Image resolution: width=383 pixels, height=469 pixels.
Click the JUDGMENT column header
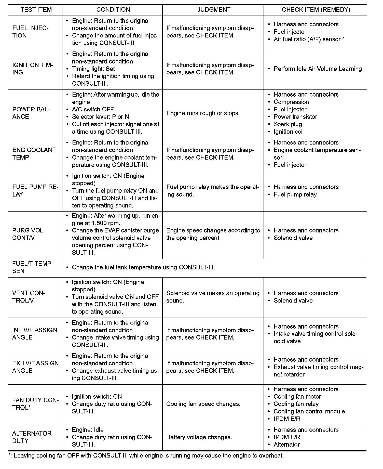point(214,10)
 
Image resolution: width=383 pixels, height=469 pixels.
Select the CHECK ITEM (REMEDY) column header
point(316,10)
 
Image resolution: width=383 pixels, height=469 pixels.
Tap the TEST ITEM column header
point(36,10)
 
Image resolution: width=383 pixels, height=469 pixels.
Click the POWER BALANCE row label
point(31,113)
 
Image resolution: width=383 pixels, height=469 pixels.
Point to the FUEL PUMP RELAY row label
point(35,190)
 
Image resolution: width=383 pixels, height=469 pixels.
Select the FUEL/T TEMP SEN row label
point(32,267)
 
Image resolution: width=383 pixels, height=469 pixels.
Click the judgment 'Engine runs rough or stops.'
point(203,113)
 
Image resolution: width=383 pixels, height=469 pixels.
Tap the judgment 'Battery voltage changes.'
point(199,437)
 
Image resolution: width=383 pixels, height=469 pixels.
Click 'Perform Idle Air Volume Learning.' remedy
point(318,69)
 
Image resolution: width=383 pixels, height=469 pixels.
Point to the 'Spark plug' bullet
point(288,124)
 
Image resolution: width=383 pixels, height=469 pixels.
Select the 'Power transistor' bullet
point(295,117)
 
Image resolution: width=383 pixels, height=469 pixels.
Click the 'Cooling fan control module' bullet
point(309,411)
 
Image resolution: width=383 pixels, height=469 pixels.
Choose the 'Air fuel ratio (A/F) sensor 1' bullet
point(309,39)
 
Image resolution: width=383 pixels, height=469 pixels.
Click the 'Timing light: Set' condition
point(93,69)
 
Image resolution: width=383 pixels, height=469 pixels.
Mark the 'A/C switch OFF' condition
point(93,109)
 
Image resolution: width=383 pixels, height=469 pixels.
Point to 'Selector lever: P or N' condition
point(100,117)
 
